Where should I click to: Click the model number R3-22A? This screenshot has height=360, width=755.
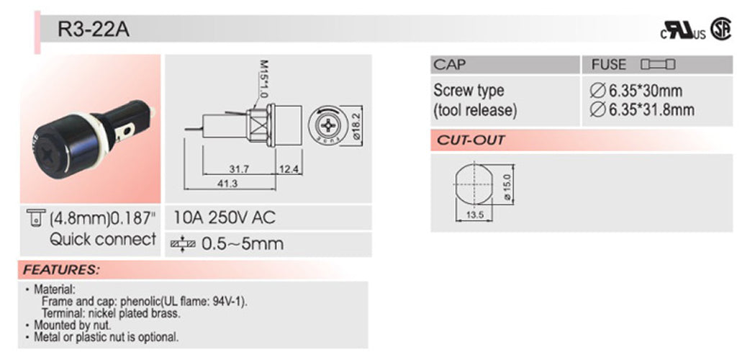point(94,32)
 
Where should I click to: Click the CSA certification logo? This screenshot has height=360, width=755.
point(718,29)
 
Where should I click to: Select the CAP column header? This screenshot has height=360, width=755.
point(450,66)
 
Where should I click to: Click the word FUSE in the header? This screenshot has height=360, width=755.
point(609,66)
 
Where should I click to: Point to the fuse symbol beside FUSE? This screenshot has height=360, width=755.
point(657,66)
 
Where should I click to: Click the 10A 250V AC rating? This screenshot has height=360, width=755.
point(225,217)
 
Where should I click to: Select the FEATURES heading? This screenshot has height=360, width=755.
point(60,271)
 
